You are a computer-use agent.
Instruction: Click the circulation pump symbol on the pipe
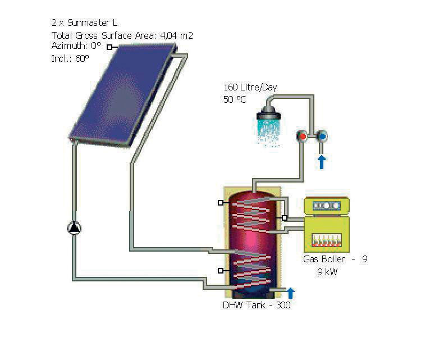click(x=74, y=228)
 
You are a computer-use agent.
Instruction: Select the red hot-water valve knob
click(x=303, y=136)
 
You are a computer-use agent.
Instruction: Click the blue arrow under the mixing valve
click(x=322, y=162)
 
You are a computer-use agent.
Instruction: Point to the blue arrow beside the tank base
click(x=291, y=293)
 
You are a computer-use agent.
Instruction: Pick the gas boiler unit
click(x=327, y=225)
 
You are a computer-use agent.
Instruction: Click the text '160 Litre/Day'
click(x=250, y=88)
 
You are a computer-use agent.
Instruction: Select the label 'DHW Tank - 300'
click(x=257, y=305)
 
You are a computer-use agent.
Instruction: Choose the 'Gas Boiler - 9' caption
click(x=335, y=259)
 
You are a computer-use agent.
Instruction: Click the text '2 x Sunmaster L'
click(x=84, y=23)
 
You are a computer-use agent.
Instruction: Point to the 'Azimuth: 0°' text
click(x=76, y=46)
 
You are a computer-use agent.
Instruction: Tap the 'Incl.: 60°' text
click(x=70, y=58)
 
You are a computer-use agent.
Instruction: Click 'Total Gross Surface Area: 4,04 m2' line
click(x=122, y=35)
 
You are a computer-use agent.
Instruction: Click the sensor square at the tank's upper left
click(x=221, y=203)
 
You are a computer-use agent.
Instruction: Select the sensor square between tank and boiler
click(x=285, y=218)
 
